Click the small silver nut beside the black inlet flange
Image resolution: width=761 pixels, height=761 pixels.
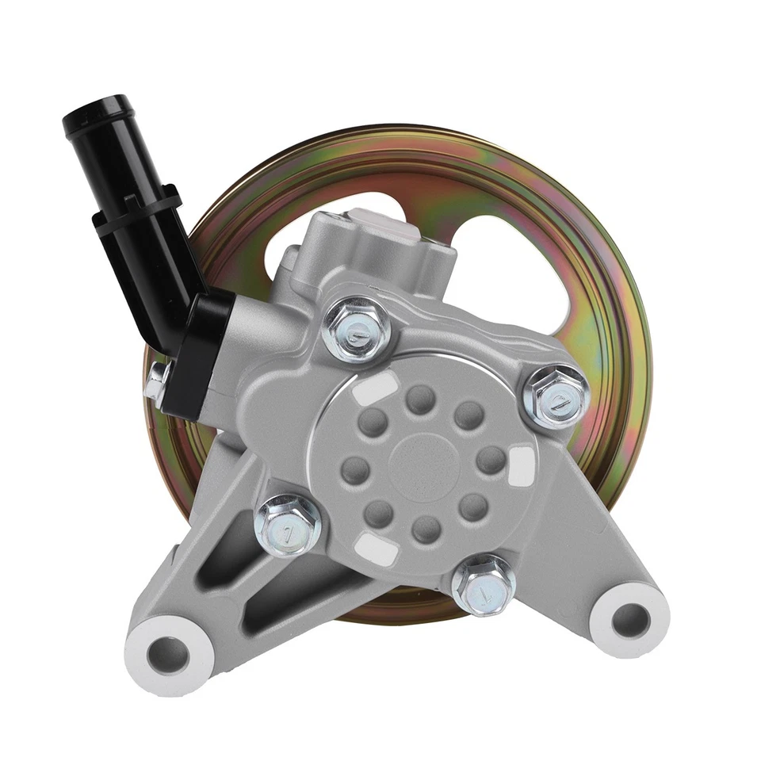tap(156, 385)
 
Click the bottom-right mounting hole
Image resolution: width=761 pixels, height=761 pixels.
tap(630, 616)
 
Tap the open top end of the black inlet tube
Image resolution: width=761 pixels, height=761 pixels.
tap(97, 109)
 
